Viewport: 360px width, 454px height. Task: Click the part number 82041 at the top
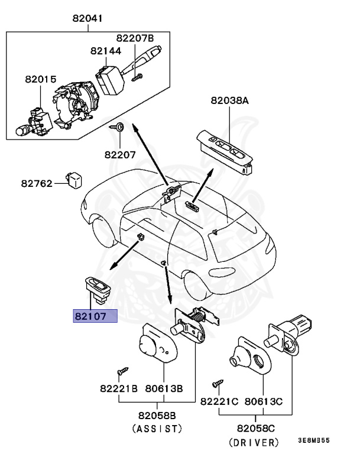(x=87, y=18)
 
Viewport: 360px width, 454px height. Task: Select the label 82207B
(x=134, y=38)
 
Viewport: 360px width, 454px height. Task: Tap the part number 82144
(x=106, y=51)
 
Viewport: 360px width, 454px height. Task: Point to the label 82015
(x=40, y=79)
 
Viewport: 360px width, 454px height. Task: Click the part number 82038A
(x=229, y=100)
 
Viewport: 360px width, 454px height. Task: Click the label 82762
(x=37, y=183)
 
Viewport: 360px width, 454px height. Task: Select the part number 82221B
(x=118, y=390)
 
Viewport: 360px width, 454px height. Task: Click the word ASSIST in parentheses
(x=157, y=428)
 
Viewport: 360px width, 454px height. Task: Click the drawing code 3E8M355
(x=314, y=441)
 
